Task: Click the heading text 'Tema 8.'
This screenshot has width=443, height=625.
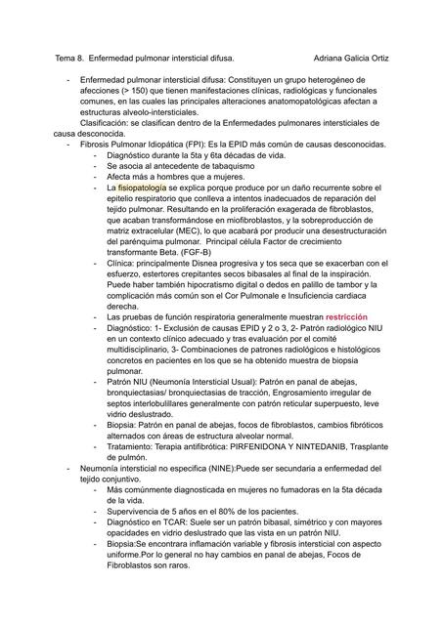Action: (x=69, y=59)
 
